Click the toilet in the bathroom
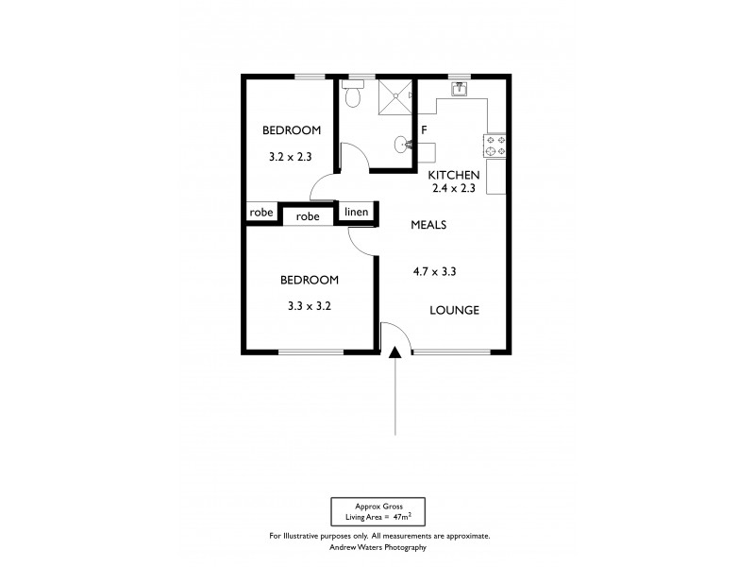pyautogui.click(x=353, y=94)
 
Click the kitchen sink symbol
pyautogui.click(x=460, y=90)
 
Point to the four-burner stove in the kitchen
pyautogui.click(x=495, y=145)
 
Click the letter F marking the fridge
pyautogui.click(x=425, y=129)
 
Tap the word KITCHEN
pyautogui.click(x=455, y=176)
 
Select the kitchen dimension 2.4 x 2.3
pyautogui.click(x=455, y=189)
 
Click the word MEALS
pyautogui.click(x=428, y=225)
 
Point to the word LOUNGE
pyautogui.click(x=455, y=310)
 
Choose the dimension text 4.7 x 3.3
pyautogui.click(x=435, y=272)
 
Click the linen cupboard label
pyautogui.click(x=356, y=213)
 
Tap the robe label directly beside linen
pyautogui.click(x=308, y=216)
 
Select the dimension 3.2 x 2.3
pyautogui.click(x=292, y=158)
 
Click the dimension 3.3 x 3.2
pyautogui.click(x=309, y=306)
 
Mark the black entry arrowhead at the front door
pyautogui.click(x=394, y=353)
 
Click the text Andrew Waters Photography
pyautogui.click(x=378, y=547)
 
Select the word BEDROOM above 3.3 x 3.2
pyautogui.click(x=309, y=280)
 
